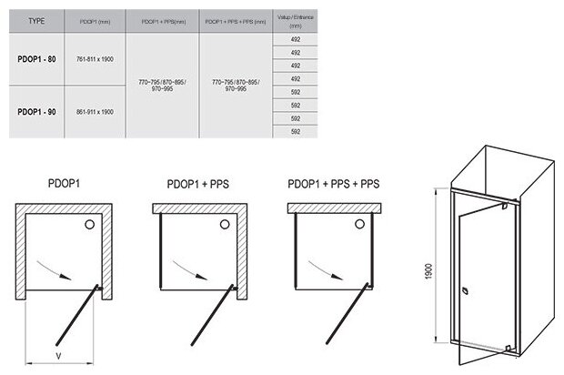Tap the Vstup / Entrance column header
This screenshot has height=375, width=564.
pyautogui.click(x=294, y=20)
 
